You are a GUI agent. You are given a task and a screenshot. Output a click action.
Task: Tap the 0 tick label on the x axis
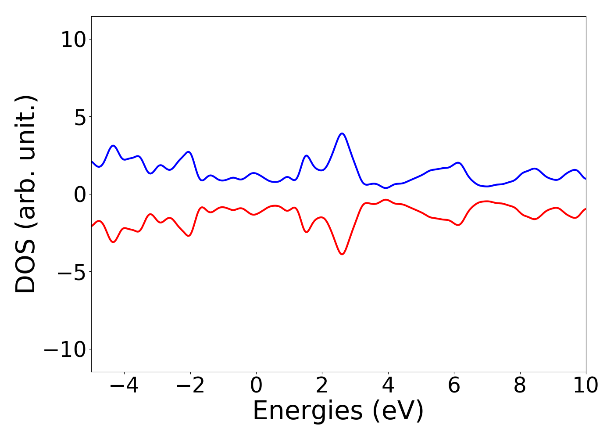pyautogui.click(x=256, y=386)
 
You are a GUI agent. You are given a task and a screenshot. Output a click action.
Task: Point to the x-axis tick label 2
pyautogui.click(x=322, y=386)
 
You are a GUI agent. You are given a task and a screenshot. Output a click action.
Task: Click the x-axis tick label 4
pyautogui.click(x=388, y=386)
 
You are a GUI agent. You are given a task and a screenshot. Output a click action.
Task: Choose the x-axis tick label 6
pyautogui.click(x=454, y=386)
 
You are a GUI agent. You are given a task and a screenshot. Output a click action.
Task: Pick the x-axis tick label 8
pyautogui.click(x=520, y=386)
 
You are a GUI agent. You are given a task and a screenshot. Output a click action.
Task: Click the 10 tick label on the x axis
pyautogui.click(x=585, y=386)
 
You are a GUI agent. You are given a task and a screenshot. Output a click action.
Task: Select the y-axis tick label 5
pyautogui.click(x=82, y=118)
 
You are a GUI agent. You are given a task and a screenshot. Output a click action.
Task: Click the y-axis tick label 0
pyautogui.click(x=82, y=195)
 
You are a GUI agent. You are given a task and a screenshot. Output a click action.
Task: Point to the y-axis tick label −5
pyautogui.click(x=70, y=272)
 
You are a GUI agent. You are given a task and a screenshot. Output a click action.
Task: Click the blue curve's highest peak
pyautogui.click(x=342, y=133)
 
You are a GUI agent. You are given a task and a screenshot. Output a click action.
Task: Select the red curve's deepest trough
pyautogui.click(x=342, y=254)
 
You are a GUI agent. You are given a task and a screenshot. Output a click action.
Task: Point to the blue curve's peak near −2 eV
pyautogui.click(x=189, y=152)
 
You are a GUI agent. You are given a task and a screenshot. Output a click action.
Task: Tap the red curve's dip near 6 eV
pyautogui.click(x=458, y=225)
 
